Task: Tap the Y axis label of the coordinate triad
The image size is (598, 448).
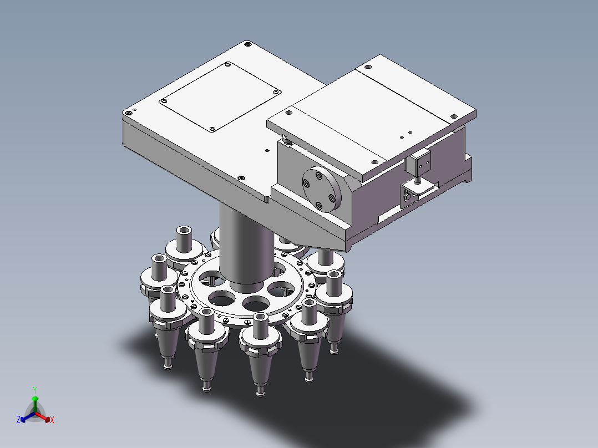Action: click(34, 390)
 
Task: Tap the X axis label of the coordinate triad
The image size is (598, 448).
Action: click(52, 420)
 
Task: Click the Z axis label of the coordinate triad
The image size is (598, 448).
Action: click(18, 420)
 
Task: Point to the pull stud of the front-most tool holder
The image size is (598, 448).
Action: click(260, 393)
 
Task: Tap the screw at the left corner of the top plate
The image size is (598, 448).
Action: click(129, 112)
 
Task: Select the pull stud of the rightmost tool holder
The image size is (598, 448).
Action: click(333, 349)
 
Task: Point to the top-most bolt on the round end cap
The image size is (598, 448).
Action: click(318, 176)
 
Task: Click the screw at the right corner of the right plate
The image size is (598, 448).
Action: click(454, 116)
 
